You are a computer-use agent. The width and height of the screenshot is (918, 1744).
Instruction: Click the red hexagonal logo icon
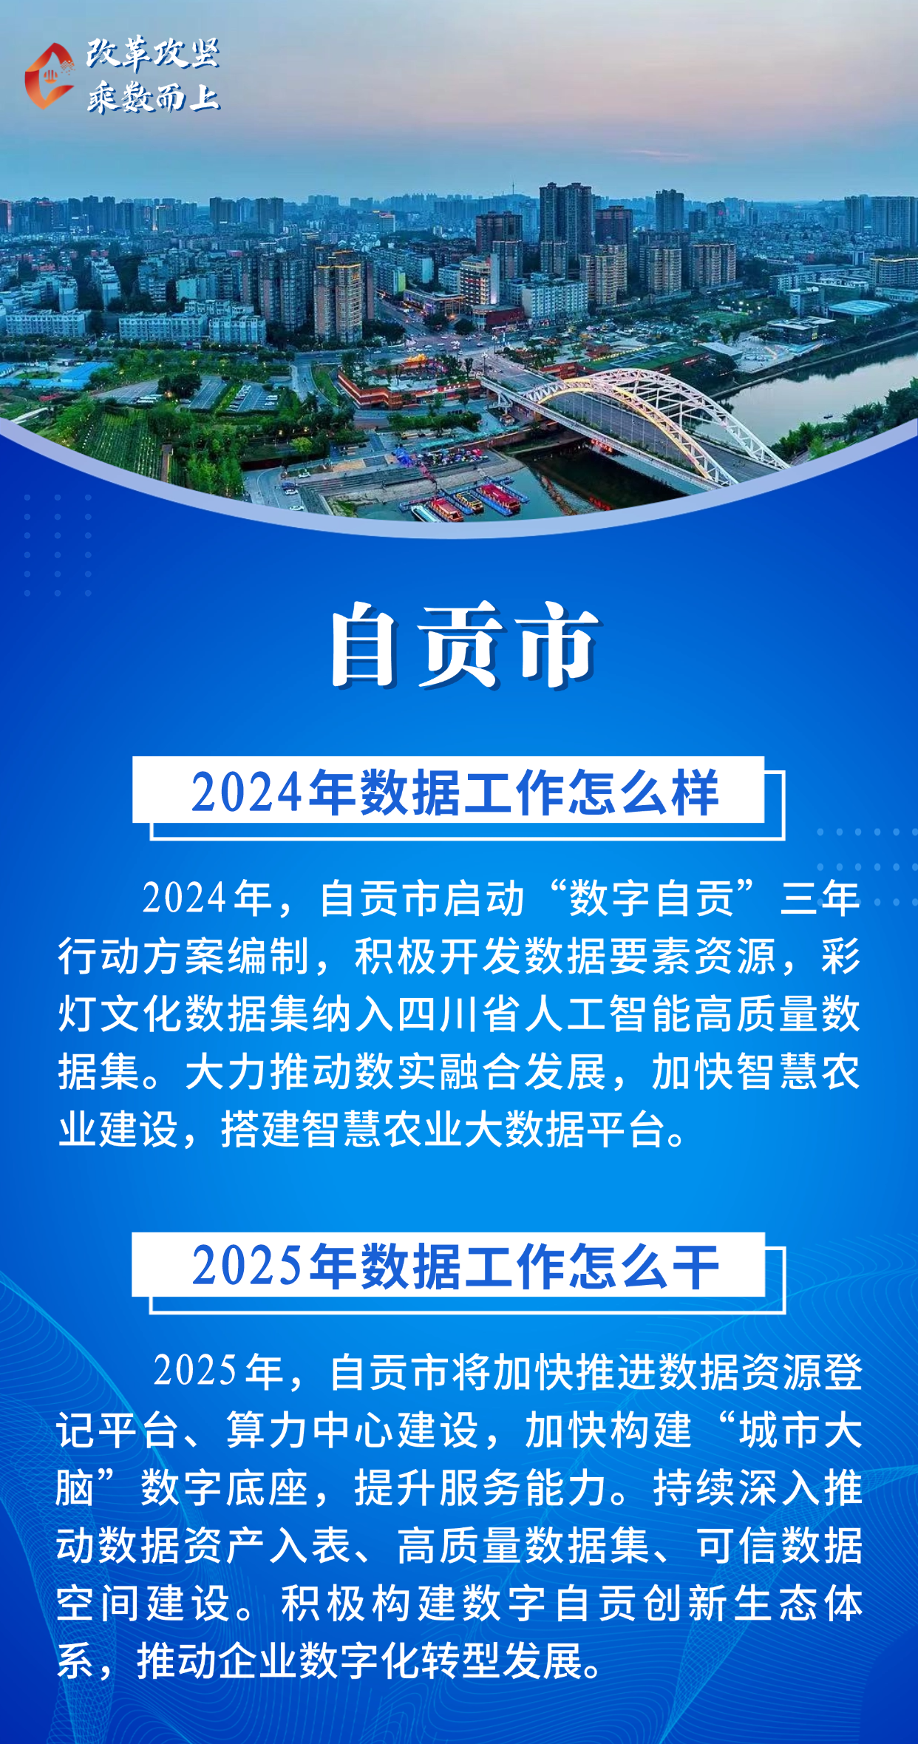point(49,76)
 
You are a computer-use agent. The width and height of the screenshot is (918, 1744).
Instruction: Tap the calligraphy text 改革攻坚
point(153,53)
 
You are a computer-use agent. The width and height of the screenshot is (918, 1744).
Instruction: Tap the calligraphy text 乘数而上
point(153,97)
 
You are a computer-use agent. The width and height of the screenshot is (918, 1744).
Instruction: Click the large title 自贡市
point(465,645)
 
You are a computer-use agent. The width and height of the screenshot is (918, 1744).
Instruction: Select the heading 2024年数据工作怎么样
point(455,793)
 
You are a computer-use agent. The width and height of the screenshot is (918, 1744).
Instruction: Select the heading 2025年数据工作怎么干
point(455,1266)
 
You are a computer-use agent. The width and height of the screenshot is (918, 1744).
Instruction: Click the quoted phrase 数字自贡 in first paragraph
point(651,898)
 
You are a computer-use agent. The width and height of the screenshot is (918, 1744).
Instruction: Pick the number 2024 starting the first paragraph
point(184,898)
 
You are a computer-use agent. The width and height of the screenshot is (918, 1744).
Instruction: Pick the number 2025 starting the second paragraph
point(195,1371)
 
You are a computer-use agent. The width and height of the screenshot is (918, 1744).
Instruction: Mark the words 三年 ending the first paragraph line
point(820,898)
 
